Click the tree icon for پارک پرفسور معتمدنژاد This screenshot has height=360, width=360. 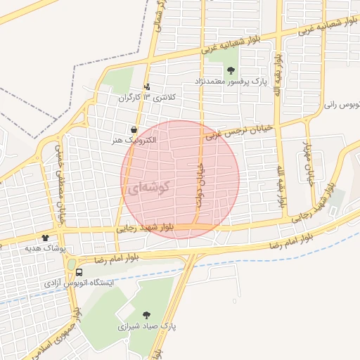click(231, 70)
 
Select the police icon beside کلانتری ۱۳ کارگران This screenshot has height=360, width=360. click(147, 87)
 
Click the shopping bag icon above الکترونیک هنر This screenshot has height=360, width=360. click(134, 129)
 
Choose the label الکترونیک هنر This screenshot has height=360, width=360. click(134, 141)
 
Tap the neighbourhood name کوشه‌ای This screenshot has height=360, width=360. click(150, 188)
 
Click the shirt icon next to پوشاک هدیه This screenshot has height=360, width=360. click(46, 238)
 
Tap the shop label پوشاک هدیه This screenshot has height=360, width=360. click(44, 249)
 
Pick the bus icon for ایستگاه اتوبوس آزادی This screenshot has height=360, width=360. click(78, 271)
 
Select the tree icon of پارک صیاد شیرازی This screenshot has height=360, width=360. click(146, 315)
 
